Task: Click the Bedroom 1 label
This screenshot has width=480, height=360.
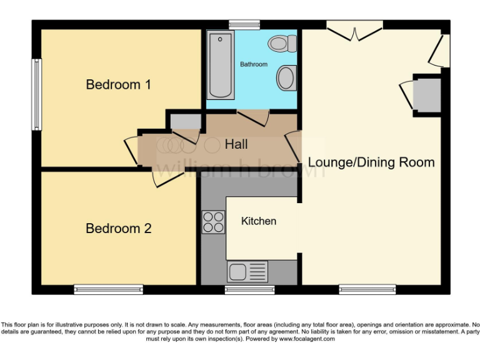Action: (118, 84)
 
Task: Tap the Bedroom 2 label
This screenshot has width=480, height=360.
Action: (118, 229)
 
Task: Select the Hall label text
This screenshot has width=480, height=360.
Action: (236, 144)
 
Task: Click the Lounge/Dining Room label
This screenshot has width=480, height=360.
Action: (371, 162)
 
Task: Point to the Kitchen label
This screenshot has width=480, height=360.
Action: (259, 221)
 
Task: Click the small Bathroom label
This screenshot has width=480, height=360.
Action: (254, 64)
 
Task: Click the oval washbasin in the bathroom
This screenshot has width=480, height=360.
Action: (286, 78)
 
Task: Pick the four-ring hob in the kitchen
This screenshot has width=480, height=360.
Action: (214, 222)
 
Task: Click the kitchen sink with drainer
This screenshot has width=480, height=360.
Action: (247, 272)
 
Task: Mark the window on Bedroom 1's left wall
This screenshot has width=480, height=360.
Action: (37, 95)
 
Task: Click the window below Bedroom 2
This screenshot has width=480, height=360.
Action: (108, 289)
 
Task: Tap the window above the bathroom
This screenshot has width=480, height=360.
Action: (244, 24)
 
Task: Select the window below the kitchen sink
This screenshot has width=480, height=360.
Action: (249, 289)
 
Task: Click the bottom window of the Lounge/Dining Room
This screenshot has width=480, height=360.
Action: (367, 289)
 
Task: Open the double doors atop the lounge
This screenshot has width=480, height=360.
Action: (354, 31)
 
